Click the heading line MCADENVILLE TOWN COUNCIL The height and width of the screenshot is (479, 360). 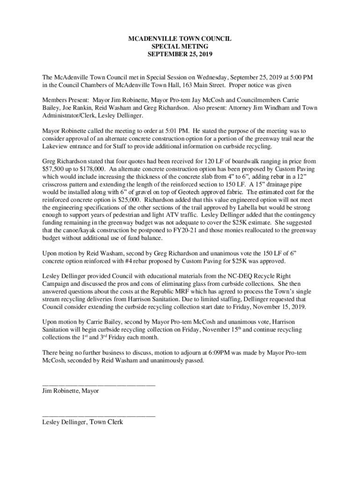point(180,39)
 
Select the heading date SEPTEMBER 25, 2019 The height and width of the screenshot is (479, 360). point(180,55)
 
